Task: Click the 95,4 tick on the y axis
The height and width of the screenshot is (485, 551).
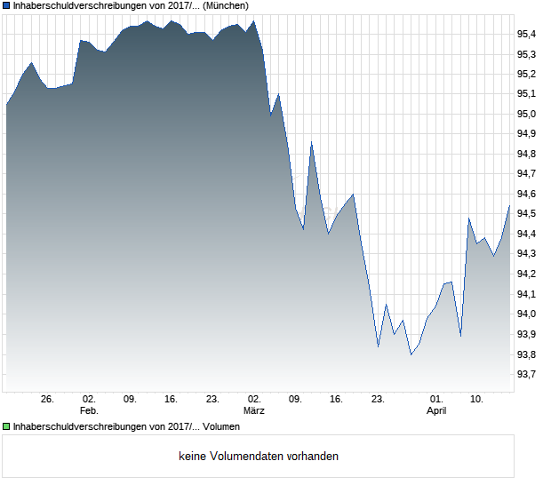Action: point(527,34)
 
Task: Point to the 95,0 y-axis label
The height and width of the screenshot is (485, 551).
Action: point(527,114)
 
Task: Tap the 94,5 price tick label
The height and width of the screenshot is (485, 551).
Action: point(527,214)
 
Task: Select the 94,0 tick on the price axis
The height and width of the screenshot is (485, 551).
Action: point(527,314)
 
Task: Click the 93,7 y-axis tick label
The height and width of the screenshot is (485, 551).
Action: point(527,374)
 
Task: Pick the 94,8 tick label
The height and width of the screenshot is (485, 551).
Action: point(527,154)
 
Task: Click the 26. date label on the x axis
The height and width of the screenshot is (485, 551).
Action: point(48,399)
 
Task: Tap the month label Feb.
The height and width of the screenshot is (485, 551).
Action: point(89,410)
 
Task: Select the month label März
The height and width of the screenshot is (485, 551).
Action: point(254,410)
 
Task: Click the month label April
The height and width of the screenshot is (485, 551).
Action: point(436,410)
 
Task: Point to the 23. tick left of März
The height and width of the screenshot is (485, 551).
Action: point(212,399)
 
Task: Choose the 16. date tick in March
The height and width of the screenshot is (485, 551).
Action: point(336,399)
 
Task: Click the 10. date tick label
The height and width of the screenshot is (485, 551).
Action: point(477,399)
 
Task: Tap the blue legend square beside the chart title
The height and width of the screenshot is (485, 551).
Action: point(7,5)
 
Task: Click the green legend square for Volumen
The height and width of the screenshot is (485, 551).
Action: point(7,426)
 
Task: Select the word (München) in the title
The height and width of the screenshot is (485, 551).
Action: point(226,5)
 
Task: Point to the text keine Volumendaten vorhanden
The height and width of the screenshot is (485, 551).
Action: point(259,457)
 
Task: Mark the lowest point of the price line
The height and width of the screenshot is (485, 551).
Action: point(411,354)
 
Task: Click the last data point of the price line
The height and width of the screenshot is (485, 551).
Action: point(509,206)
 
